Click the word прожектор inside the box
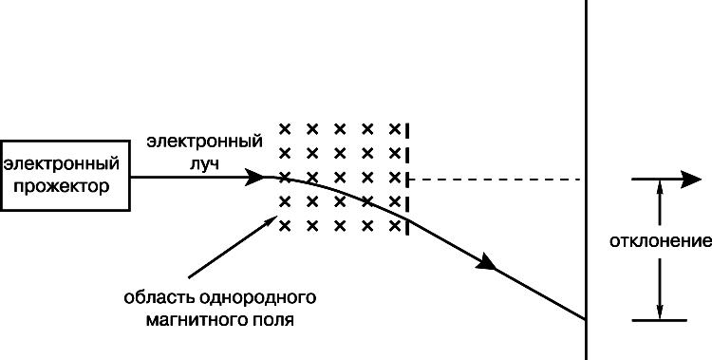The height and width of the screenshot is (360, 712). (62, 186)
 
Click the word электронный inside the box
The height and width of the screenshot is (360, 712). (62, 163)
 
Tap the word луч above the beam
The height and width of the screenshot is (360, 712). (204, 163)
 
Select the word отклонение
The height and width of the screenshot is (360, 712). (660, 241)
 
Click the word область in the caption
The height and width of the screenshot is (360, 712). (159, 297)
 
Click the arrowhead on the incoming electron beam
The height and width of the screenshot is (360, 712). (254, 177)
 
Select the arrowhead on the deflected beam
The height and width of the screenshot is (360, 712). (487, 262)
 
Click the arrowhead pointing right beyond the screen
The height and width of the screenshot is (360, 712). (691, 180)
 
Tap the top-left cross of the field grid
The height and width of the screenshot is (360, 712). (285, 129)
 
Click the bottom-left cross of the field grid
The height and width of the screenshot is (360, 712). (285, 225)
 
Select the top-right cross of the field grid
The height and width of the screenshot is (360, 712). (395, 129)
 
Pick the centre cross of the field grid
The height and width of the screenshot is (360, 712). (340, 178)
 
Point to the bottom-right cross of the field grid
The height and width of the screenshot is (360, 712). (395, 225)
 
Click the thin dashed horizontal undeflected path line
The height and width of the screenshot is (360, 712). (496, 180)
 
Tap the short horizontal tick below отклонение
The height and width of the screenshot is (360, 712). (660, 320)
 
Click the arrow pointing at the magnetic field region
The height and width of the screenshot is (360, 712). (233, 247)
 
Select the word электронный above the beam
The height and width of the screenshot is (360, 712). (204, 142)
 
